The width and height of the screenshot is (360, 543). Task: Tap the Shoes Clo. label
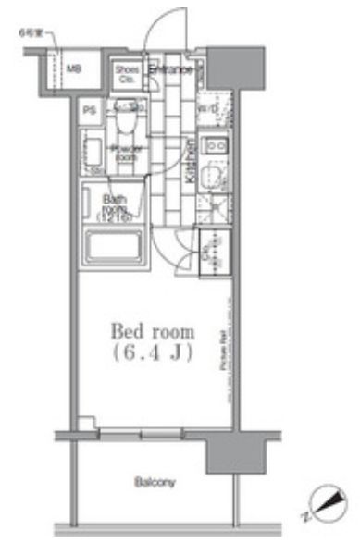click(x=127, y=73)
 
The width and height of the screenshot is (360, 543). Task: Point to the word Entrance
click(x=170, y=69)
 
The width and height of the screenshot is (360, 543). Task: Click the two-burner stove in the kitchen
click(x=216, y=146)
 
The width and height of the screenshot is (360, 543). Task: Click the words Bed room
click(x=152, y=331)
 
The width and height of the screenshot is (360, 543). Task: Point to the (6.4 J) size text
click(x=152, y=352)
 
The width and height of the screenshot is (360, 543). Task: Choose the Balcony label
click(x=154, y=482)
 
